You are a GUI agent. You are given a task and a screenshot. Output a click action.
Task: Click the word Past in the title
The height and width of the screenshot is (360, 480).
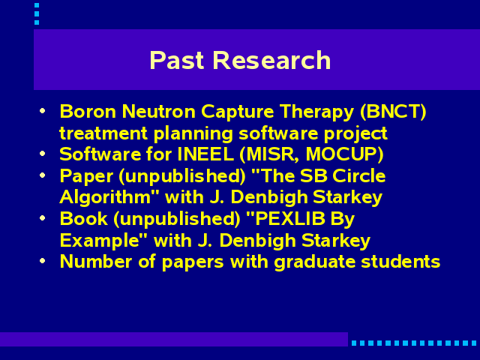coord(177,60)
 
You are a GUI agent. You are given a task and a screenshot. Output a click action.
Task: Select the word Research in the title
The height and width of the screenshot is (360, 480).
coord(271,60)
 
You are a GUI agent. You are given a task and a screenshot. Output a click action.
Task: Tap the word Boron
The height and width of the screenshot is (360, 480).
coord(88,111)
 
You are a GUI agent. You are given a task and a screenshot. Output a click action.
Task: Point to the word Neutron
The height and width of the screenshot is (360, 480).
coord(158,111)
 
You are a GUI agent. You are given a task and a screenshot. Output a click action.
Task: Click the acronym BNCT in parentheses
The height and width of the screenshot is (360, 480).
coord(393,111)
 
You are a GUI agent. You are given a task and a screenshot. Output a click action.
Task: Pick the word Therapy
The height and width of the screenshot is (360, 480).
coord(316,112)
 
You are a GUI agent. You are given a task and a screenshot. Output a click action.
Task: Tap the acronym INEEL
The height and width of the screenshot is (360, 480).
coord(205,154)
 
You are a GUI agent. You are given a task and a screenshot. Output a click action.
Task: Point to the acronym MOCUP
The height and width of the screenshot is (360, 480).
coord(341,154)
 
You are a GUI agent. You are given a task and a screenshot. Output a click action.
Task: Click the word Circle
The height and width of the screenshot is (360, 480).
coord(358,175)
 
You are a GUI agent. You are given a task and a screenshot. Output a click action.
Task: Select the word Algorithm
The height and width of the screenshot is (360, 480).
coord(105,198)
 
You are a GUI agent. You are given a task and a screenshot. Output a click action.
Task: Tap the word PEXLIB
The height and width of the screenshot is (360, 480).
coord(289,218)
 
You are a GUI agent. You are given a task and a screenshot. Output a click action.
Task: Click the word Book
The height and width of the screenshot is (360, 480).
coord(83,218)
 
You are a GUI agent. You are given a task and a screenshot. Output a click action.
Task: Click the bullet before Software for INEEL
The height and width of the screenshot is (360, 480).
coord(43,153)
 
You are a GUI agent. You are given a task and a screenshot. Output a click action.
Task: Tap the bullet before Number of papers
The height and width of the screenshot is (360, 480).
coord(43,261)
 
